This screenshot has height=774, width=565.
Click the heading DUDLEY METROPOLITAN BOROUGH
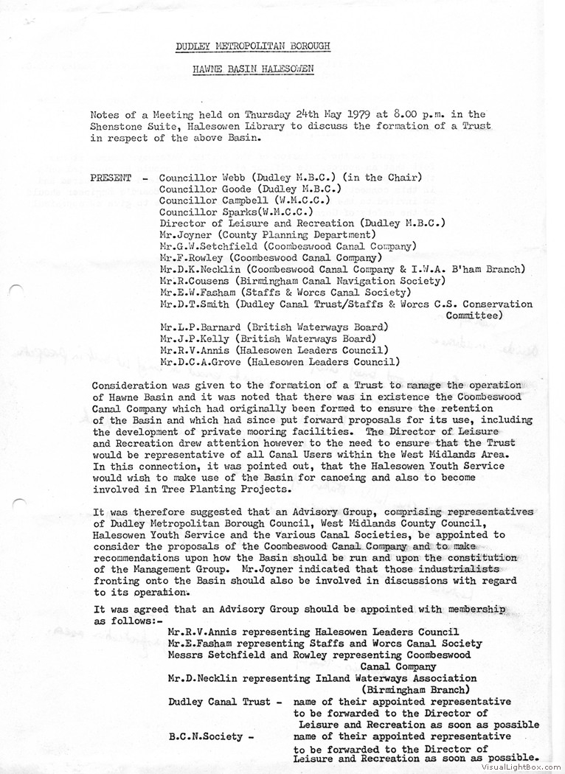[252, 46]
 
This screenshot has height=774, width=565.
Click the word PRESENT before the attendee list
[111, 178]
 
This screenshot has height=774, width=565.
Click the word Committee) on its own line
[474, 315]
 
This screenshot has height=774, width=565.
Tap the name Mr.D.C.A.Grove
[201, 361]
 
